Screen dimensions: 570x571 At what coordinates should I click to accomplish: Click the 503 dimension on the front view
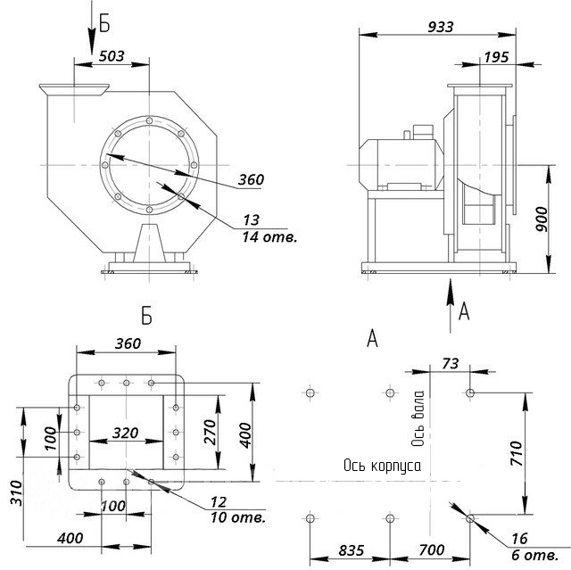click(x=112, y=56)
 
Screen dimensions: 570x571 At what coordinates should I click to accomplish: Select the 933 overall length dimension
click(x=440, y=27)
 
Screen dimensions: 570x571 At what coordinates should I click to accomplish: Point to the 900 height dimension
click(x=541, y=216)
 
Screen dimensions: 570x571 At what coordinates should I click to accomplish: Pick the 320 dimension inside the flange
click(x=125, y=434)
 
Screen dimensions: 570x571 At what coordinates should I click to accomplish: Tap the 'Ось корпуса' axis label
click(x=381, y=466)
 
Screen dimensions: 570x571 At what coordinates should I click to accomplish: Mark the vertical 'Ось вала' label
click(x=417, y=421)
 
